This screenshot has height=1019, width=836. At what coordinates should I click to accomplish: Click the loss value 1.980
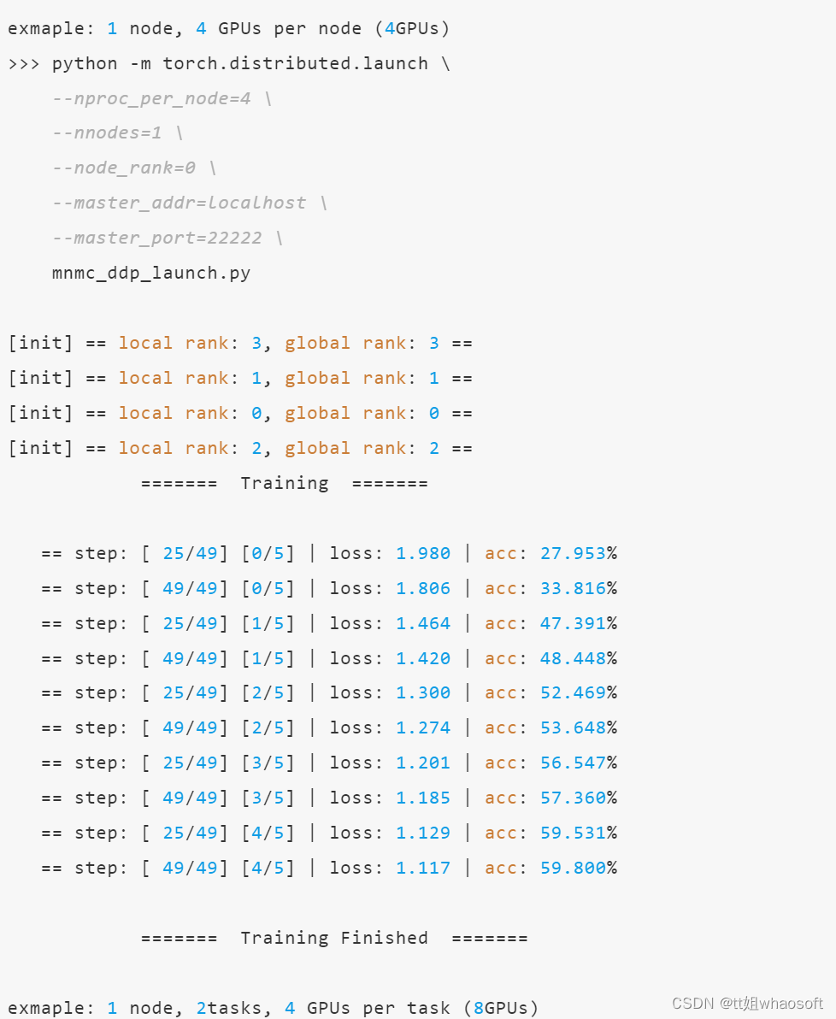[423, 553]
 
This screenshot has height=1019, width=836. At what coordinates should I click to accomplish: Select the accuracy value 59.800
[573, 868]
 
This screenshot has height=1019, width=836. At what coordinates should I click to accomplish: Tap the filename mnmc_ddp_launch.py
[151, 273]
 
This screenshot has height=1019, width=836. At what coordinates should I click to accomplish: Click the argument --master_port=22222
[157, 238]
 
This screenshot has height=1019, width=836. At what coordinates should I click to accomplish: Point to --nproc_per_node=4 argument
[151, 98]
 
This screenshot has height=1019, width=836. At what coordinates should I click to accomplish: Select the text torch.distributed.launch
[295, 63]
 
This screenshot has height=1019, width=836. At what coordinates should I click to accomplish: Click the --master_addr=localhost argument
[179, 203]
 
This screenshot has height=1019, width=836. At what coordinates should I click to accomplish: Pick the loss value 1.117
[423, 868]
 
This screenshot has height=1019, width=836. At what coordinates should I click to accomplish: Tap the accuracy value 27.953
[573, 553]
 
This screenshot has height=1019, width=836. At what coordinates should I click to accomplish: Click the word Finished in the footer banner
[385, 938]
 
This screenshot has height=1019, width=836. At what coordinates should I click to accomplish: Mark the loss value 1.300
[423, 692]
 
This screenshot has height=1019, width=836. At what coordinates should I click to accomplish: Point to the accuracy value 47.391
[573, 623]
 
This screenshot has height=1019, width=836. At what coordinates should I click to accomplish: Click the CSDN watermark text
[692, 1003]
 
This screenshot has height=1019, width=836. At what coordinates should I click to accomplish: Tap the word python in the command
[85, 63]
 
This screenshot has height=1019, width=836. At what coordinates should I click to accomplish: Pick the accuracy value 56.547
[573, 763]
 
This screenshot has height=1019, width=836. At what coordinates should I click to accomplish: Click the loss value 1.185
[423, 798]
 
